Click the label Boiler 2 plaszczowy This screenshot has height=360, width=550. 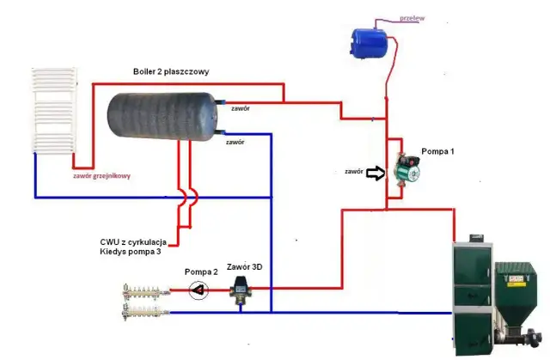(171, 71)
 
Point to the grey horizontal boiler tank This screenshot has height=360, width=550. (162, 119)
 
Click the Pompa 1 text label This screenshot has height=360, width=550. (437, 151)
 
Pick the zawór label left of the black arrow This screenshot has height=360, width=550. (353, 172)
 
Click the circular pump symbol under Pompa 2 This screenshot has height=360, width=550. (199, 290)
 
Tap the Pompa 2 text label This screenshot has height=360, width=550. (202, 271)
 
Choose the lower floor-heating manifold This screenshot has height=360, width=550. (145, 308)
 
